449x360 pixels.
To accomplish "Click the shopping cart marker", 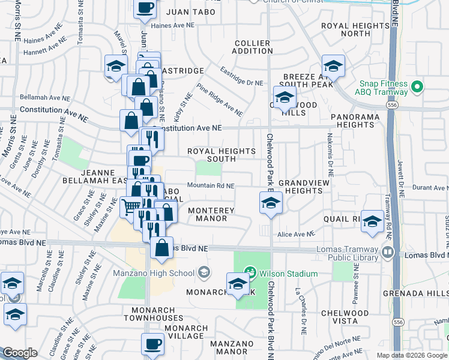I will pos(131,208).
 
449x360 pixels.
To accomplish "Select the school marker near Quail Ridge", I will pos(372,221).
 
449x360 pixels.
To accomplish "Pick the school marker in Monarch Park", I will pos(238,283).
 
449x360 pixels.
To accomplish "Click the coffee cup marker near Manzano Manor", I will pos(152,345).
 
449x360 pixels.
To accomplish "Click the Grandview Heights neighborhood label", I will pos(304,186).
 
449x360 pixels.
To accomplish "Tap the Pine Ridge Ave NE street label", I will pos(219,100).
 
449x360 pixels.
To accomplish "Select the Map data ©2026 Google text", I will pos(410,355).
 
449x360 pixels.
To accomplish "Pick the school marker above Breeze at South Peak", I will pos(333,66).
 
